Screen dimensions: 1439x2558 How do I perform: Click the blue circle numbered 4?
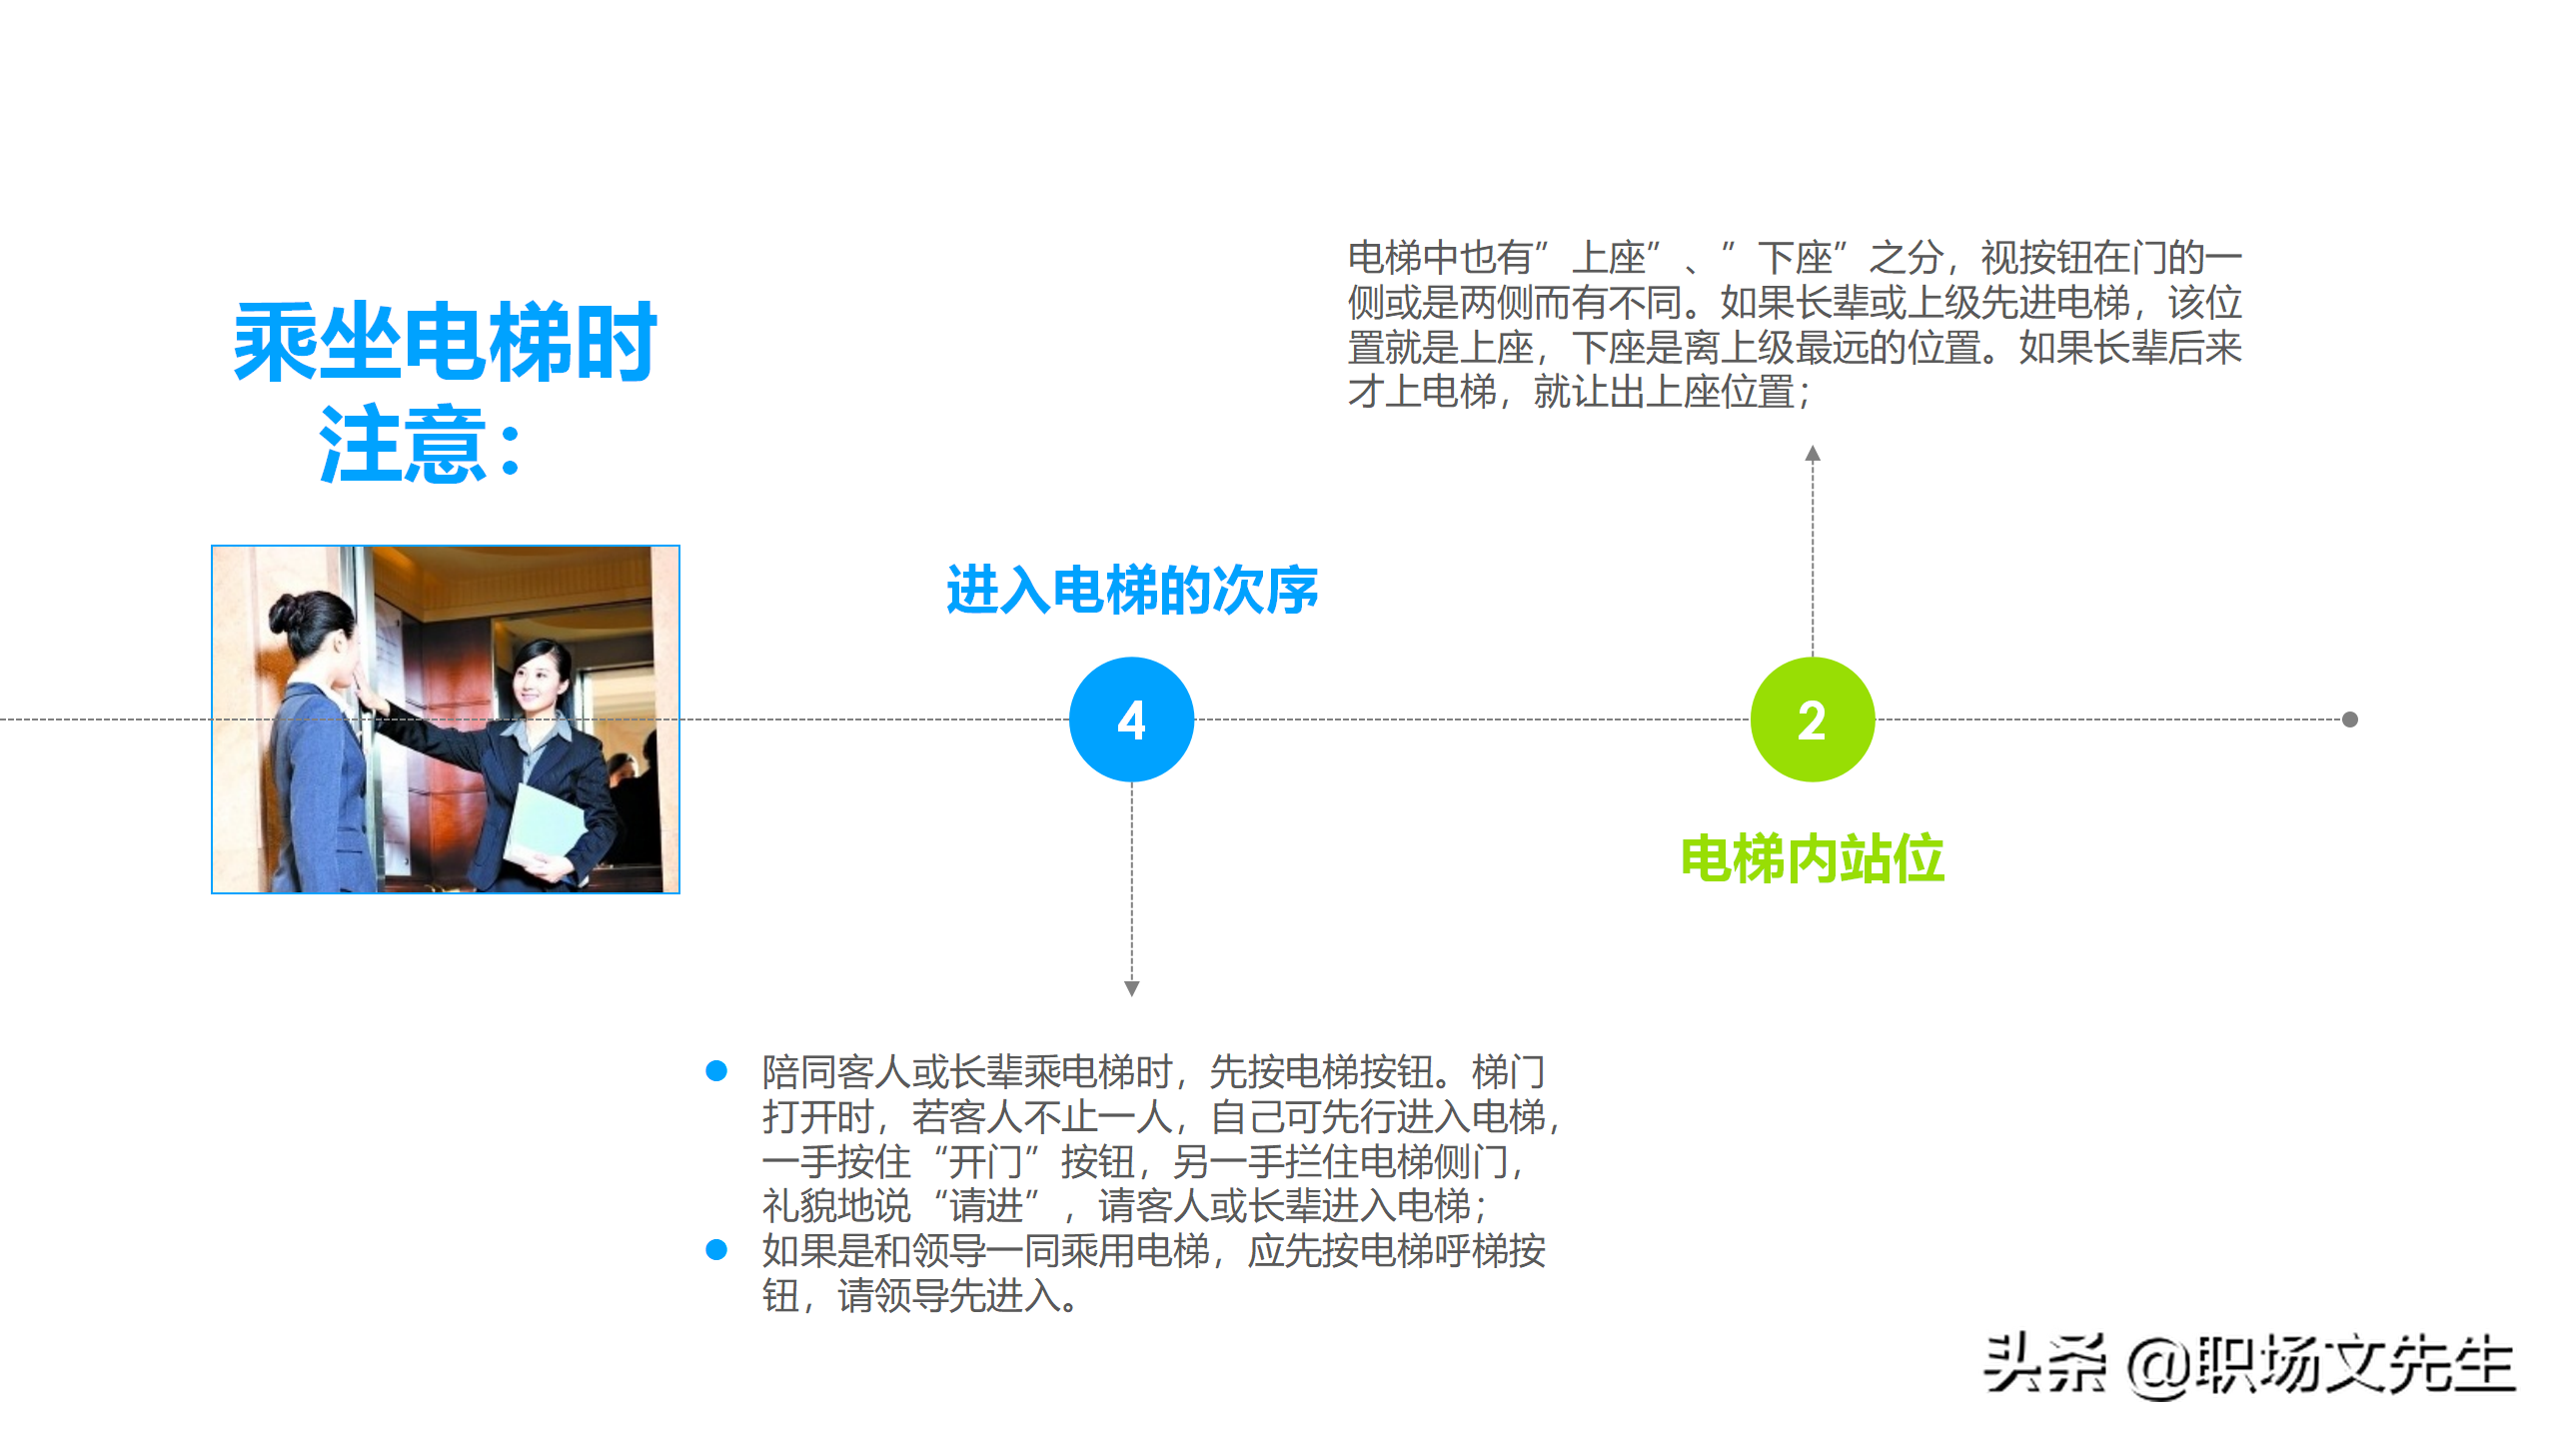(1131, 719)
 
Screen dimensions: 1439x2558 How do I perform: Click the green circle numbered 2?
(1813, 719)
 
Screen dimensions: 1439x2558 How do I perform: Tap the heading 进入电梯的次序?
(1132, 590)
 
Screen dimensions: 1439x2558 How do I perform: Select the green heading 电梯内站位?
(1813, 858)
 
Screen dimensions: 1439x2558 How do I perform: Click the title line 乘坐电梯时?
(445, 343)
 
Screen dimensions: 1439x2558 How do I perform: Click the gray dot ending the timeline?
(2350, 719)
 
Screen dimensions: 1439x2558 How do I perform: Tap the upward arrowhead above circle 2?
(1813, 454)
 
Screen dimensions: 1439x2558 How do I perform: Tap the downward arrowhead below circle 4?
(1131, 988)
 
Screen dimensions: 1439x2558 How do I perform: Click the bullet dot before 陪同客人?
(716, 1071)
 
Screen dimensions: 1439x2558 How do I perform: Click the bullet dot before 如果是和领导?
(716, 1250)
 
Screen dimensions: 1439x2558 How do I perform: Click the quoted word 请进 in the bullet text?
(986, 1206)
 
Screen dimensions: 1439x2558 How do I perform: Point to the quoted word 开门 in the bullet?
(984, 1161)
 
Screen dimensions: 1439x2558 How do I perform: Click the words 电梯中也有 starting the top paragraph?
(1440, 258)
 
